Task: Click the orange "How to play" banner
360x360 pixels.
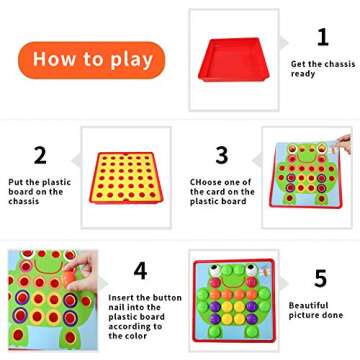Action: (x=91, y=60)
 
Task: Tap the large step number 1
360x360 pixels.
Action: (x=322, y=38)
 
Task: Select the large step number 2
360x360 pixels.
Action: (x=40, y=155)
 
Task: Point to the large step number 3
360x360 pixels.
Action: (x=222, y=155)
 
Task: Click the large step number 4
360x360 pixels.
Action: (x=140, y=270)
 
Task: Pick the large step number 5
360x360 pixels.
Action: (x=321, y=278)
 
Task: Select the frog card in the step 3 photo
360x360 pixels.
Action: (x=309, y=185)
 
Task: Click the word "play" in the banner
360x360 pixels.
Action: (x=129, y=61)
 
